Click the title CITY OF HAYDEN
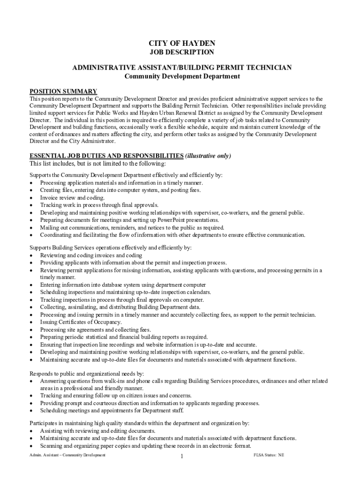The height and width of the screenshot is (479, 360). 182,43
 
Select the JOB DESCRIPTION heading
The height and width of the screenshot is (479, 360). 182,52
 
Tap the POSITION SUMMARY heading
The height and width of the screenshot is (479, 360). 63,91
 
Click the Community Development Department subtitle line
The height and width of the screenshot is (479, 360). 182,76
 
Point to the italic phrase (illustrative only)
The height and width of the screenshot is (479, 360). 208,156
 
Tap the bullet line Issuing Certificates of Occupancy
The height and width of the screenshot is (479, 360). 81,322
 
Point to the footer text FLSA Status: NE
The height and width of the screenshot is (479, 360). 268,455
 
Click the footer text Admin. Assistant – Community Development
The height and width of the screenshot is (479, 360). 67,455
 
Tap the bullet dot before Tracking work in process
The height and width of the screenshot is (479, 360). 31,205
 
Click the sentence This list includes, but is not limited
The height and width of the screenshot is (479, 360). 98,164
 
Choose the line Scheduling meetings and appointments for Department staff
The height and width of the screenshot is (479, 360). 112,411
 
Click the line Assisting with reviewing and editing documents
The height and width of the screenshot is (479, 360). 98,430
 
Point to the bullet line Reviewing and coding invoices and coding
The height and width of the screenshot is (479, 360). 91,255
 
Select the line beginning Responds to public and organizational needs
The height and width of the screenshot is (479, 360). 87,374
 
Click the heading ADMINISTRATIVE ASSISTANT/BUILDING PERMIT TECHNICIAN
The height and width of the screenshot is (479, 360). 182,67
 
